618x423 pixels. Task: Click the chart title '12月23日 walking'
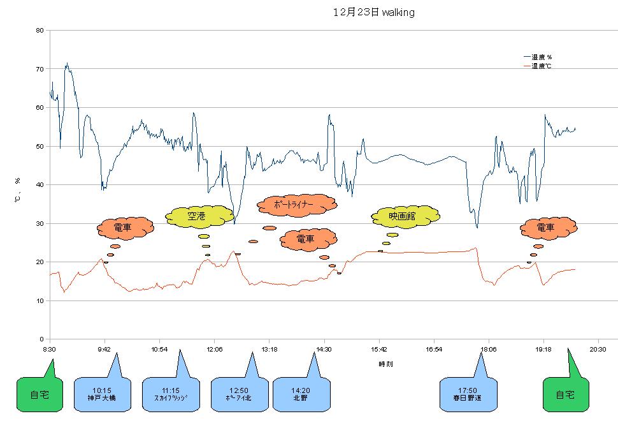(373, 12)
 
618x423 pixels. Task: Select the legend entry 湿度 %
(542, 57)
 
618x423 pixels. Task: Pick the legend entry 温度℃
(542, 66)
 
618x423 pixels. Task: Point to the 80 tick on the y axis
(40, 30)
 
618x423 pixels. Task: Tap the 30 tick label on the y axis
(40, 223)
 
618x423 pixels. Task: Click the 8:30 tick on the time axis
(49, 349)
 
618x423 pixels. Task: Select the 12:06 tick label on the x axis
(214, 349)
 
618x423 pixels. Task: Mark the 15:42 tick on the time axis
(379, 349)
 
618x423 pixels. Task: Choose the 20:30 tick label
(598, 349)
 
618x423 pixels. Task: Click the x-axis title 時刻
(385, 364)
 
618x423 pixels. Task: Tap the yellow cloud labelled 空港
(199, 217)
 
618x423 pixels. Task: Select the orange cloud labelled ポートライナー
(296, 205)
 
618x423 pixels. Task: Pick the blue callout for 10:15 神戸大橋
(102, 395)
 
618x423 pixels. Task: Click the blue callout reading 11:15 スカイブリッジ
(170, 395)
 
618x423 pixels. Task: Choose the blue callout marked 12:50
(238, 395)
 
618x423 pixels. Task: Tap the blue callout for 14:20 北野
(301, 395)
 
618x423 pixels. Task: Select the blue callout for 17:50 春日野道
(468, 395)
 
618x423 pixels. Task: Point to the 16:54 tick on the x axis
(434, 349)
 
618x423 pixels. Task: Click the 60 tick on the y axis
(40, 107)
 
